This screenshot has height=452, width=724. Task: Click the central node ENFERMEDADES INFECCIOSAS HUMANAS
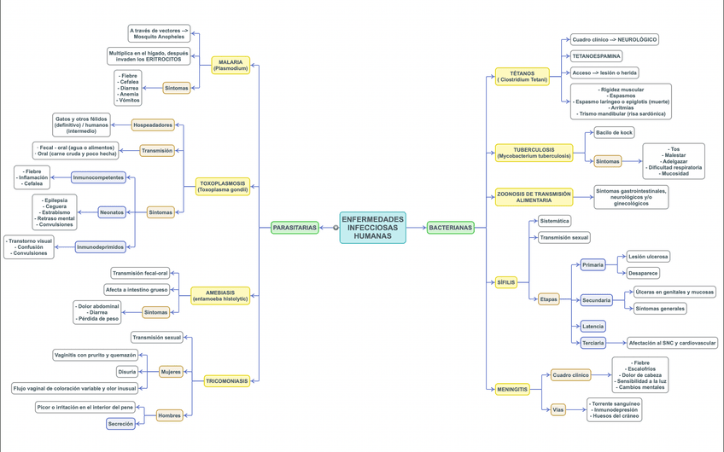pos(372,228)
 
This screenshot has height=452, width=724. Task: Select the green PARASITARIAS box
pos(294,228)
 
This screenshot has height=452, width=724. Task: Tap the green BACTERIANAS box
pos(450,228)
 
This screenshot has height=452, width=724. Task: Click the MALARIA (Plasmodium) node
pos(231,66)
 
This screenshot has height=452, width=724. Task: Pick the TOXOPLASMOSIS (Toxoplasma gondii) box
pos(222,187)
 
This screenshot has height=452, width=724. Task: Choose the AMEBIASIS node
pos(220,296)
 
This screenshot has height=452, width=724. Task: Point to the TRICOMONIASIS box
pos(227,381)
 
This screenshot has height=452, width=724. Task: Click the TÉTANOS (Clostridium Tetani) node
pos(522,77)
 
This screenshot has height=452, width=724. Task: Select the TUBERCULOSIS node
pos(534,153)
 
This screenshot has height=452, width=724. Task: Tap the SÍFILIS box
pos(506,282)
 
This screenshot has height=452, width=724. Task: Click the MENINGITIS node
pos(512,389)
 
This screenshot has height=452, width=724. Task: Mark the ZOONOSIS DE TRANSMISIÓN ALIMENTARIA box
pos(534,197)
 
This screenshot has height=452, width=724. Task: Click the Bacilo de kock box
pos(614,132)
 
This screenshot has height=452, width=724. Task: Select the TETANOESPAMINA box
pos(596,56)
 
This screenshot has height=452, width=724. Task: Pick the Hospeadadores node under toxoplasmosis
pos(153,125)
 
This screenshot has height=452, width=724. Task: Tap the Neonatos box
pos(112,212)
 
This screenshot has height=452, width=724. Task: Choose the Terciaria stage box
pos(593,343)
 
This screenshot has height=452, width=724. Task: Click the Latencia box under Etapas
pos(593,326)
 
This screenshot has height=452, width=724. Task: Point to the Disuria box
pos(127,372)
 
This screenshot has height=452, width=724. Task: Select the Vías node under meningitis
pos(558,409)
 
